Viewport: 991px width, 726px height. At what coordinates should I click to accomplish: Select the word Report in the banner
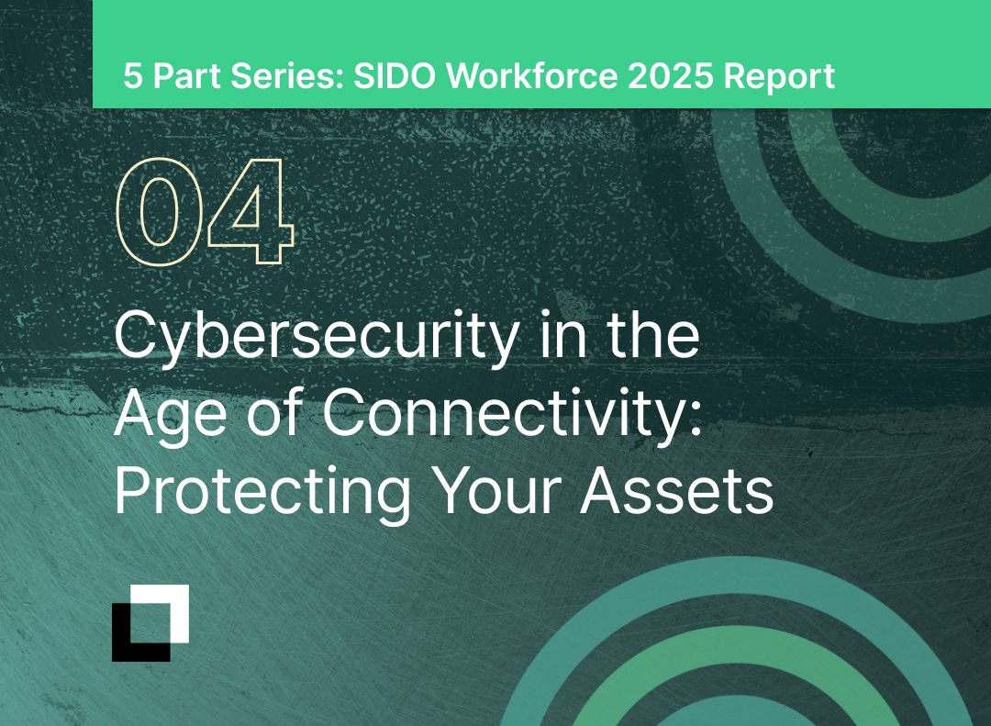[779, 76]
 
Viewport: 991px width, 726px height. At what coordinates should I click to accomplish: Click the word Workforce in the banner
[531, 76]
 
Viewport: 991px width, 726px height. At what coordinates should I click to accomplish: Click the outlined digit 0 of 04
[159, 211]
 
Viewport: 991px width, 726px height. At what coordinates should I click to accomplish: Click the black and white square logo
[150, 622]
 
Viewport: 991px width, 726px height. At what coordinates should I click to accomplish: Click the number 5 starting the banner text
[133, 76]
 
